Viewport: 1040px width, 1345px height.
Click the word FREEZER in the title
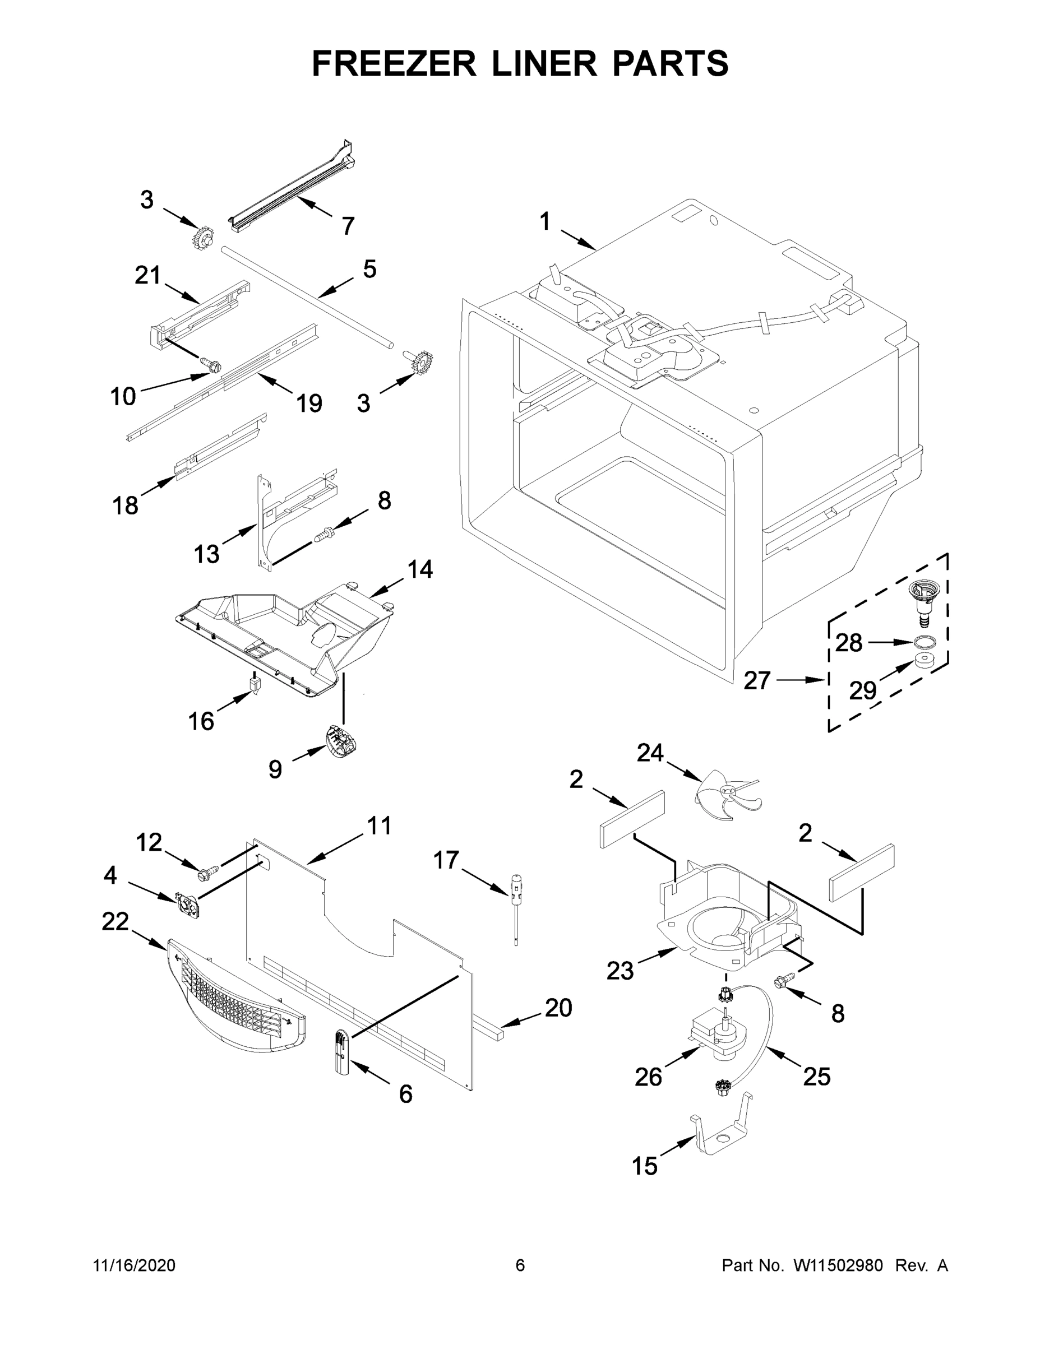click(x=394, y=63)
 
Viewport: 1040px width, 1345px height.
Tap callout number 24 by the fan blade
click(x=650, y=753)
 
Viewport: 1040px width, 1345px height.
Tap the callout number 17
click(x=446, y=860)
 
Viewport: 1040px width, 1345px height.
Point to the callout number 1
click(x=544, y=221)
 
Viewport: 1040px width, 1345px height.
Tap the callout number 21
click(x=148, y=275)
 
